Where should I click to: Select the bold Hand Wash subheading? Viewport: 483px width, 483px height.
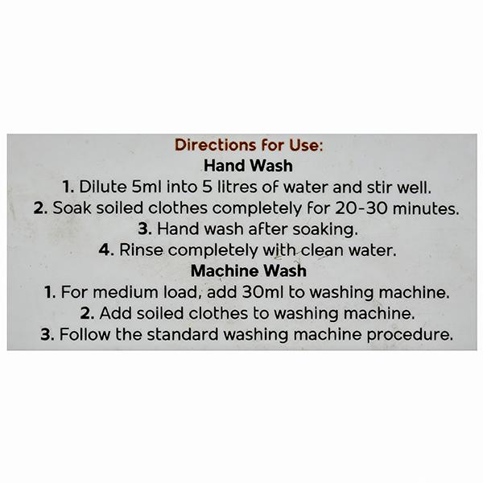(x=248, y=166)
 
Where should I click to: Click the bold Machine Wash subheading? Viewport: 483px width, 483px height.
(x=249, y=271)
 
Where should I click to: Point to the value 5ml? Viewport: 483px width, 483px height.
(x=147, y=187)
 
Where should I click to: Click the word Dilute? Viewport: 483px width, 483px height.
(x=103, y=187)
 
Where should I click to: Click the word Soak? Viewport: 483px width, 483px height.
(x=72, y=208)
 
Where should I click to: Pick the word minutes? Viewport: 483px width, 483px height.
(x=426, y=208)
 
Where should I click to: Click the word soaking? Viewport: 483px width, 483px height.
(x=325, y=229)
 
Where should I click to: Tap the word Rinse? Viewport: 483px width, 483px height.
(x=141, y=250)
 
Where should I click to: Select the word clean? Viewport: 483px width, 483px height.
(x=322, y=250)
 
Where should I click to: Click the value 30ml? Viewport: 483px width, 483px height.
(x=262, y=292)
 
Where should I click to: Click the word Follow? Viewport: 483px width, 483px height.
(x=85, y=334)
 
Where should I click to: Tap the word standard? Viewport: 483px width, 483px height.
(x=183, y=334)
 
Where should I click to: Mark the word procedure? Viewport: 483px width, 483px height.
(x=410, y=335)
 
